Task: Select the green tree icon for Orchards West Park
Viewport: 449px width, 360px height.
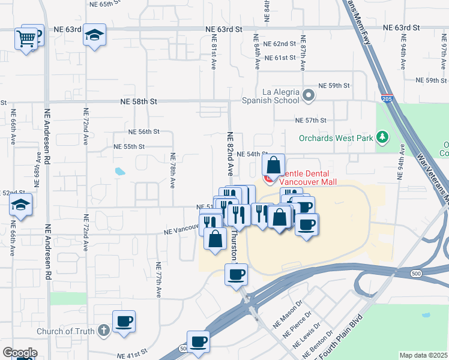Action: click(382, 138)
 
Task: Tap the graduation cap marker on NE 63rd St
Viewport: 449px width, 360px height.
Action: click(94, 35)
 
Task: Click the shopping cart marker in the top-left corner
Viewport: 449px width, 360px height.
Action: click(26, 39)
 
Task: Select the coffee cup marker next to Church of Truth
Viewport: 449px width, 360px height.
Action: click(124, 322)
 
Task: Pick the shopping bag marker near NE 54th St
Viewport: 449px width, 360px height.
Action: click(273, 165)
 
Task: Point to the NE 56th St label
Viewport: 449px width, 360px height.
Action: click(144, 131)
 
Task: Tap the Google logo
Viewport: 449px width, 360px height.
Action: click(19, 353)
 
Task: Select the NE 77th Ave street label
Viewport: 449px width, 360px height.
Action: click(159, 280)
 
